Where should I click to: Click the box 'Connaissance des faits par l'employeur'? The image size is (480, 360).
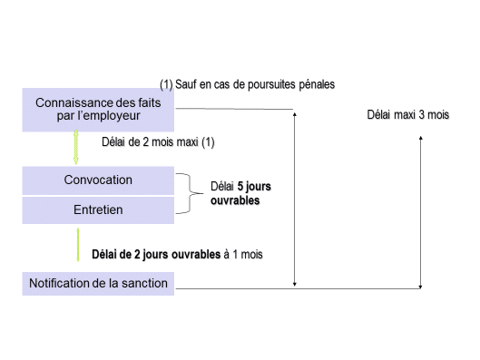pyautogui.click(x=98, y=111)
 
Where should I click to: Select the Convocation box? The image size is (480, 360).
pyautogui.click(x=98, y=180)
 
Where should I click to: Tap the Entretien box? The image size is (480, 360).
pyautogui.click(x=98, y=209)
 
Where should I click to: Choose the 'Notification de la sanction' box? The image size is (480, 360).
pyautogui.click(x=98, y=283)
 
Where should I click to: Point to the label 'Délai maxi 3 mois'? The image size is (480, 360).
pyautogui.click(x=407, y=116)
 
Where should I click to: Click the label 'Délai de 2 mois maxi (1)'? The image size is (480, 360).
pyautogui.click(x=158, y=142)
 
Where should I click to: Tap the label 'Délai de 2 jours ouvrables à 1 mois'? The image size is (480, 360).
pyautogui.click(x=177, y=254)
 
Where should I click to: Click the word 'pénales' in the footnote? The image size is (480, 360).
pyautogui.click(x=316, y=84)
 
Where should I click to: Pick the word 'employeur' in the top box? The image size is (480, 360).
pyautogui.click(x=113, y=117)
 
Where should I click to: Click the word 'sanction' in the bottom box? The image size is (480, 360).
pyautogui.click(x=147, y=283)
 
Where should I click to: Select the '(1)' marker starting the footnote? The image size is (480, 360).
pyautogui.click(x=166, y=84)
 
